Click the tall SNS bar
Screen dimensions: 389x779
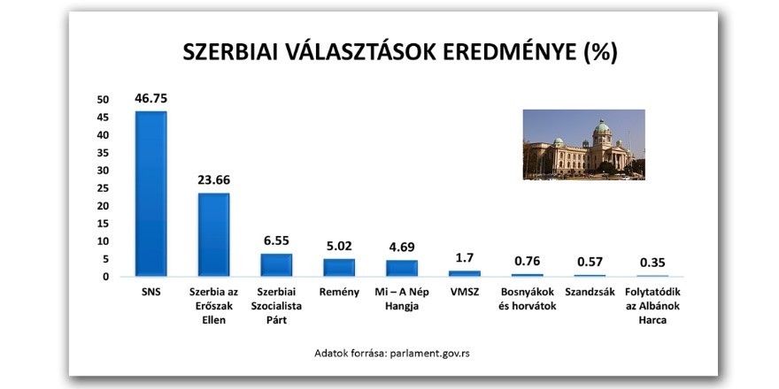[150, 194]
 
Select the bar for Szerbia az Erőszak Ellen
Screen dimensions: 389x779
[213, 234]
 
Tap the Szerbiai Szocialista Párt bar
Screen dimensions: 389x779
[276, 264]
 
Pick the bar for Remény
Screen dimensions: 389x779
[339, 267]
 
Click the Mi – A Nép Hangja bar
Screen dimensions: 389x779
[402, 268]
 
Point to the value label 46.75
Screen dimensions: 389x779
[150, 98]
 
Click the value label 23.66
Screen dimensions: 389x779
[213, 179]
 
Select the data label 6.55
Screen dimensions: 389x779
[276, 240]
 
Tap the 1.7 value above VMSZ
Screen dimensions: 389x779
[465, 257]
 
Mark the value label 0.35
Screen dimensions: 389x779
[653, 262]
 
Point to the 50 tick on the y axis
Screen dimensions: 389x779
[104, 100]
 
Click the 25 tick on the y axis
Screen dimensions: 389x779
[104, 188]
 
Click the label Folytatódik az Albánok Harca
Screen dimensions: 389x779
[653, 306]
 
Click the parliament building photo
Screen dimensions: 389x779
[583, 144]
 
